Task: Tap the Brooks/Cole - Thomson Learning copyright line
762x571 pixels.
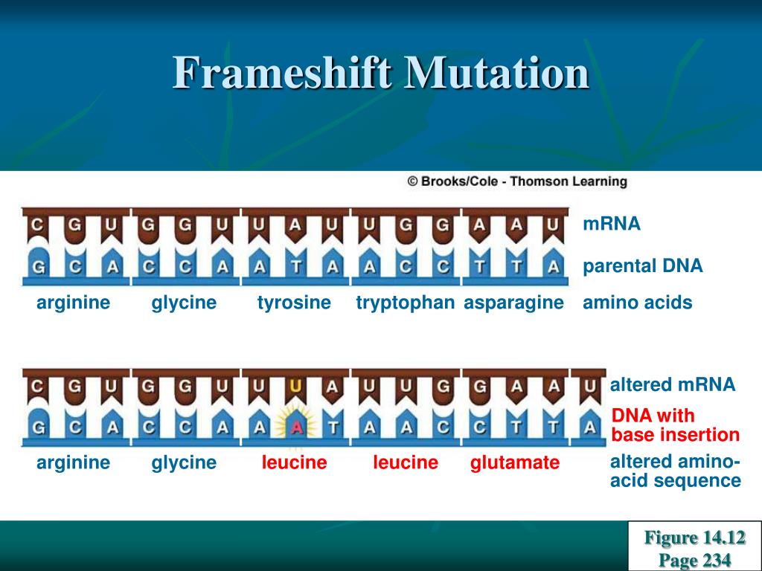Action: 517,181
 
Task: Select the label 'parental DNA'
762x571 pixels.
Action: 642,266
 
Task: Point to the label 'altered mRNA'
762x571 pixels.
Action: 672,384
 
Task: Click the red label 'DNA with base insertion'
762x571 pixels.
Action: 675,425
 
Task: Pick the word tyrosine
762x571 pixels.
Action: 294,303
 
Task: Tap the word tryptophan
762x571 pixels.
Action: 405,303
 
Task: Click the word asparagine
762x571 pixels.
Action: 513,303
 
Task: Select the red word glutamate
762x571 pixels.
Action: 514,463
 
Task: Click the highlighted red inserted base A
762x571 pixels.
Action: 296,427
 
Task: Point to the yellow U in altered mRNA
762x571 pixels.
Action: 295,386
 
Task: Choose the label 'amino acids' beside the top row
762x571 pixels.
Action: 637,303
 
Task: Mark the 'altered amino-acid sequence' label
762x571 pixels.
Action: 675,471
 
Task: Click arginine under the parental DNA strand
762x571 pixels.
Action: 74,303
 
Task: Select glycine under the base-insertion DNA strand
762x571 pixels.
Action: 184,463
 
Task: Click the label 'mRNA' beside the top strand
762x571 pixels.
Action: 612,224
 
